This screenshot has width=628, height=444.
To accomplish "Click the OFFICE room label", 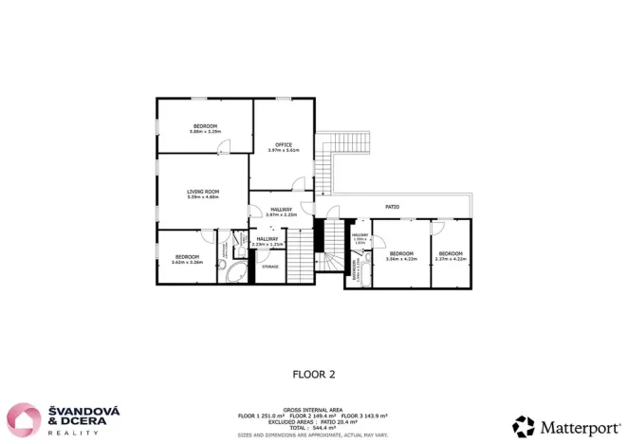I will coord(283,144).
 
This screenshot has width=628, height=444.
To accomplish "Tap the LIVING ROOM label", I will coord(203,192).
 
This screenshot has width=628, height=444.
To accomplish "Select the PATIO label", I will coord(391,206).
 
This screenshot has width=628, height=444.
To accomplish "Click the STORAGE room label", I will coord(269,268).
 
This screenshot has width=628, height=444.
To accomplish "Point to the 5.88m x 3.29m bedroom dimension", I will coord(205,132).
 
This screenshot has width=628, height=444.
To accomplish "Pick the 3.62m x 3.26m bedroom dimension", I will coord(187,261).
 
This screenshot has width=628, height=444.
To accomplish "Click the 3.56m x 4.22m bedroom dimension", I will coord(401,258).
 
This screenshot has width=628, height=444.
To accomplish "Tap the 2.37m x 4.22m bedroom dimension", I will coord(450,258).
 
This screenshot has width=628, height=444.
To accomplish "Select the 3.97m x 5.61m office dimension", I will coord(283,150).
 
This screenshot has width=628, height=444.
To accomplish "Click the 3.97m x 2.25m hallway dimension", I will coord(282,214).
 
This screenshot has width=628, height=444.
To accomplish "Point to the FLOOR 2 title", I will coord(313,375).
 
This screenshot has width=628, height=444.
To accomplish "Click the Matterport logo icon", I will coord(524,426).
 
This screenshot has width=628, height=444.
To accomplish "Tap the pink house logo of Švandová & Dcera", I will coord(23,419).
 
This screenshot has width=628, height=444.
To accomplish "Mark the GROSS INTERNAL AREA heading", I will coord(313,411).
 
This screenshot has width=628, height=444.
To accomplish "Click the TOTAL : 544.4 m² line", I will coord(313,428).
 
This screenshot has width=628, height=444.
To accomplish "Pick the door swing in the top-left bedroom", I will coord(224,146).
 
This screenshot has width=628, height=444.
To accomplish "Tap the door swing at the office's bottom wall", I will coord(298,183).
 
